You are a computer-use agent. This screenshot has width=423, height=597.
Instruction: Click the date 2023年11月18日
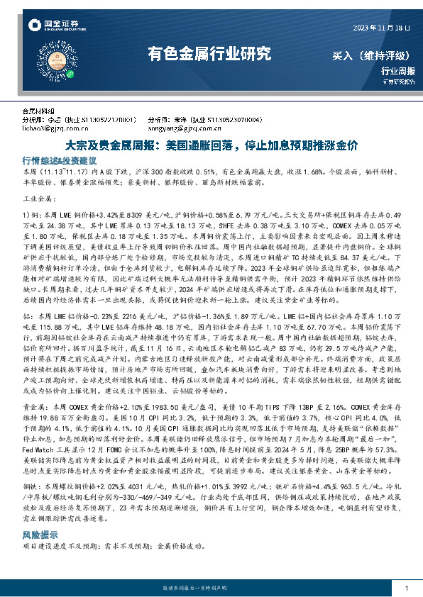tap(381, 28)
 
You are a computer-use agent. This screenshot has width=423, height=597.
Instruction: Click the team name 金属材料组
tap(38, 112)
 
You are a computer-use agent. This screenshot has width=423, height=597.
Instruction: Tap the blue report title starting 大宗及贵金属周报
tap(211, 144)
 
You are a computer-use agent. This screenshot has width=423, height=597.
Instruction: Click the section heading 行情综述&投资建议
tap(59, 161)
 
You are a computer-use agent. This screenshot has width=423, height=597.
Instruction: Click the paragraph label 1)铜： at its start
tap(32, 213)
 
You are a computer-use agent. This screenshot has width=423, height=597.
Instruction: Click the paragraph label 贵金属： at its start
tap(33, 425)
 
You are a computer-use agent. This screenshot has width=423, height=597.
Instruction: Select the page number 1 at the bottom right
tap(405, 589)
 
